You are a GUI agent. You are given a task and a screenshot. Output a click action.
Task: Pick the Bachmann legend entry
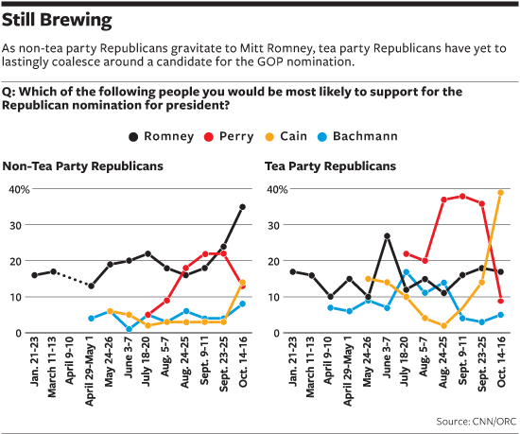tap(380, 136)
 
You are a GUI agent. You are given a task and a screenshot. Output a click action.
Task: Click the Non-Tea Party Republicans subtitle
tap(83, 166)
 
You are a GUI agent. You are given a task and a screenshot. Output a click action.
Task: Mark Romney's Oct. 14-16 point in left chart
tap(242, 207)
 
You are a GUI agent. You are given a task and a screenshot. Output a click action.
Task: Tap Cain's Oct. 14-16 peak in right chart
tap(500, 193)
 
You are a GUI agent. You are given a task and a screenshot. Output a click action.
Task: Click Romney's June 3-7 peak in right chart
tap(387, 235)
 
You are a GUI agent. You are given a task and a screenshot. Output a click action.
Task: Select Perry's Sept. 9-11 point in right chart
tap(461, 197)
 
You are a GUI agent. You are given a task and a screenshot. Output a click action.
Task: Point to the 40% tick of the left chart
tap(16, 189)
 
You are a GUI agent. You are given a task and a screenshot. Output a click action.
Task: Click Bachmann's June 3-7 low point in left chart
tap(129, 329)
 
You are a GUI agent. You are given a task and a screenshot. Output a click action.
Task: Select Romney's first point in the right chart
tap(292, 271)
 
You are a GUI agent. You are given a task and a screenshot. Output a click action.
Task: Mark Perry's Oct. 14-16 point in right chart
tap(500, 301)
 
